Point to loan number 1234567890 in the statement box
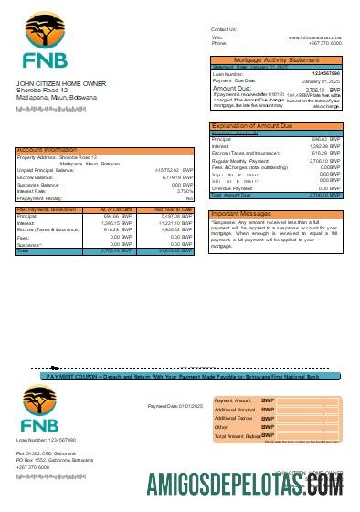pos(326,73)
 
